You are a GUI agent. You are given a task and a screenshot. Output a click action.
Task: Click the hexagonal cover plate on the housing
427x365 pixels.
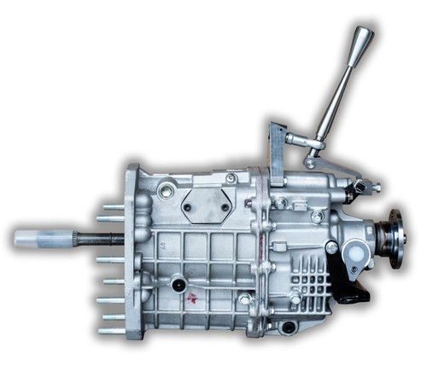click(x=205, y=206)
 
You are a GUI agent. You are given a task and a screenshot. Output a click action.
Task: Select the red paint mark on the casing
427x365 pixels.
click(x=192, y=298)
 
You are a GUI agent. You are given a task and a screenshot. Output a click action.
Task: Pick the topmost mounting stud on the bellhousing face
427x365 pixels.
click(x=112, y=207)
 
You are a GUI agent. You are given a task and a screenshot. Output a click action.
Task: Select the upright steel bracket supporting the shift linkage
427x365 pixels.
click(x=277, y=154)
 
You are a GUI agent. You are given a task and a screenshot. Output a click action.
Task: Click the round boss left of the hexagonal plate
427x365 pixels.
click(x=167, y=190)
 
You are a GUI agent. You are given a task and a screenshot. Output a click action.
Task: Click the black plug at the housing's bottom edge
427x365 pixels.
click(x=288, y=327)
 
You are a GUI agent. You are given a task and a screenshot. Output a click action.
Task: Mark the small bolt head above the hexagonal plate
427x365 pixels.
click(x=231, y=178)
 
